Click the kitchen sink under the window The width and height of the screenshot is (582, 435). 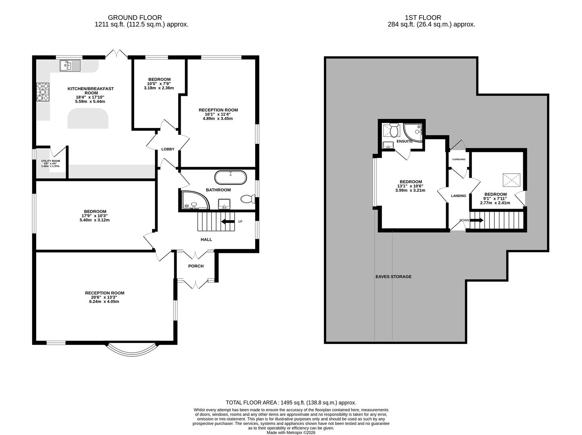click(x=70, y=66)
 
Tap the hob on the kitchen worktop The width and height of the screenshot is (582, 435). click(x=43, y=92)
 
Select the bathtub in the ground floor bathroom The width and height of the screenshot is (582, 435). click(x=230, y=178)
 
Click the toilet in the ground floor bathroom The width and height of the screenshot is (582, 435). click(x=248, y=199)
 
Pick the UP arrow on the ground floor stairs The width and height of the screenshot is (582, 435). click(x=228, y=222)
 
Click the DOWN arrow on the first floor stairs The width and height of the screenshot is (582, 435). click(x=477, y=220)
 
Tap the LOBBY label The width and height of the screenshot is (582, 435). click(x=168, y=149)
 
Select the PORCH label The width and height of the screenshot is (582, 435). click(x=196, y=266)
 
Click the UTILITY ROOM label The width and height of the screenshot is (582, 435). click(x=51, y=161)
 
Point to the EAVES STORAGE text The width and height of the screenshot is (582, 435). click(x=394, y=276)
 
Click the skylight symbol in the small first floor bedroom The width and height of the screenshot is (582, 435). click(x=512, y=180)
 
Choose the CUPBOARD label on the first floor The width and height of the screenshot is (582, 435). click(x=459, y=159)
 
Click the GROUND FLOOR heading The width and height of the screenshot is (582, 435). click(x=135, y=17)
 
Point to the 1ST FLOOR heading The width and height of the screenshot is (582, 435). click(x=423, y=17)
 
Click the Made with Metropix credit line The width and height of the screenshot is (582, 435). click(x=291, y=432)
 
